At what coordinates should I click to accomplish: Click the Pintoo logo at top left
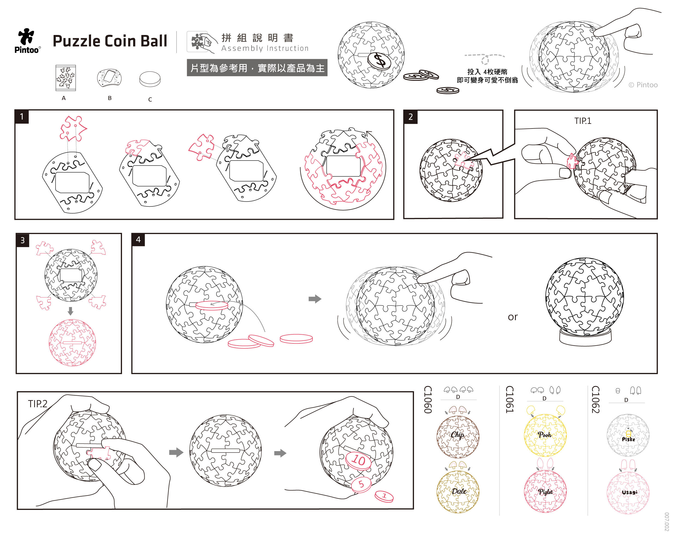(x=27, y=40)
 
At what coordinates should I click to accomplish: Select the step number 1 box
(x=22, y=117)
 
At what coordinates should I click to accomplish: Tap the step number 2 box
(x=411, y=117)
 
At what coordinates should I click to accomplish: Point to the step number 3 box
(x=23, y=241)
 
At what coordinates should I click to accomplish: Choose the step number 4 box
(x=138, y=240)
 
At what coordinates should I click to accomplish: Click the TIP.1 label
(x=583, y=121)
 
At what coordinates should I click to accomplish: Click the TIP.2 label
(x=37, y=404)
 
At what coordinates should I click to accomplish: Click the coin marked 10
(x=358, y=460)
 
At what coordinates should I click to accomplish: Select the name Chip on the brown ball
(x=457, y=435)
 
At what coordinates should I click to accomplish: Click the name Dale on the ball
(x=459, y=491)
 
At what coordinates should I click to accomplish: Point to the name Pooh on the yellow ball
(x=545, y=435)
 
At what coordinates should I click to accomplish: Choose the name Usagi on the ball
(x=629, y=492)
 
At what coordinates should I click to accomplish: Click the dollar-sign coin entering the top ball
(x=379, y=61)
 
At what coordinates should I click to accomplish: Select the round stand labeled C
(x=150, y=79)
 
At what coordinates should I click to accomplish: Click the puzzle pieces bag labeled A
(x=66, y=78)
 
